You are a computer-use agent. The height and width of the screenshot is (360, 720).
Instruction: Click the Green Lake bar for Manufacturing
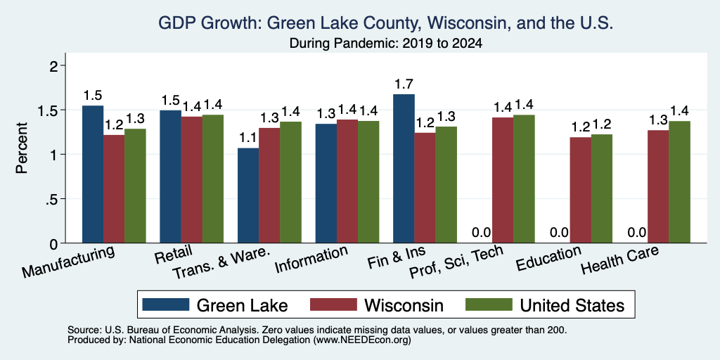point(93,174)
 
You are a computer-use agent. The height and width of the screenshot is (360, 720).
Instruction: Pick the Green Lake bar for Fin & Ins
point(404,169)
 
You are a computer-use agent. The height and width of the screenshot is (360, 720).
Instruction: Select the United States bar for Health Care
point(680,182)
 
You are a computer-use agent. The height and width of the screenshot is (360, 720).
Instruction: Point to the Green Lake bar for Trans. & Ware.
point(248,195)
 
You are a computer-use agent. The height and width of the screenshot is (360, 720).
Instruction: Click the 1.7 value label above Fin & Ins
point(404,84)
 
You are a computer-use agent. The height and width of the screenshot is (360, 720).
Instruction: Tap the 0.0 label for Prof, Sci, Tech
point(482,232)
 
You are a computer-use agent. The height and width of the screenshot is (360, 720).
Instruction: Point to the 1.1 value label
point(248,138)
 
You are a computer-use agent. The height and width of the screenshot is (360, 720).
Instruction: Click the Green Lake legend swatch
point(166,304)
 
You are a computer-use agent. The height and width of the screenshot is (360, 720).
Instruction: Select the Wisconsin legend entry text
point(404,305)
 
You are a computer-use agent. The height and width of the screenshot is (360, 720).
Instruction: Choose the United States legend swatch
point(489,304)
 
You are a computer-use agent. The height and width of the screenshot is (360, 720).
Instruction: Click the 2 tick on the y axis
point(56,66)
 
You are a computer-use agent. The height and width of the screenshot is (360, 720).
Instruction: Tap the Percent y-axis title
point(22,148)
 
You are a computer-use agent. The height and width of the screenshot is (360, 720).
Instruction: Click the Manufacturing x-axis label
point(67,262)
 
